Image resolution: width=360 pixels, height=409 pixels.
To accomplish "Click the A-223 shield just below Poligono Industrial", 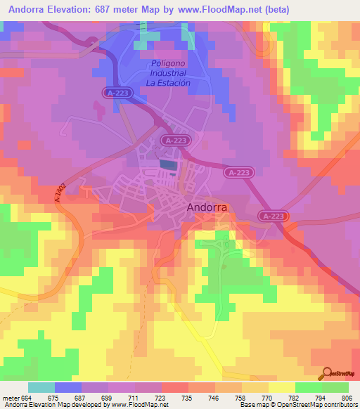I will tap(117, 93).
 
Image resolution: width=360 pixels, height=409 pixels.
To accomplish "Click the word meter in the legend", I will tap(10, 398).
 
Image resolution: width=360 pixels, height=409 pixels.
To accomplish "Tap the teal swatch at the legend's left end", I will tap(41, 387).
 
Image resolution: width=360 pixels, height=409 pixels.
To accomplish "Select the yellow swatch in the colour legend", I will tap(281, 387).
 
